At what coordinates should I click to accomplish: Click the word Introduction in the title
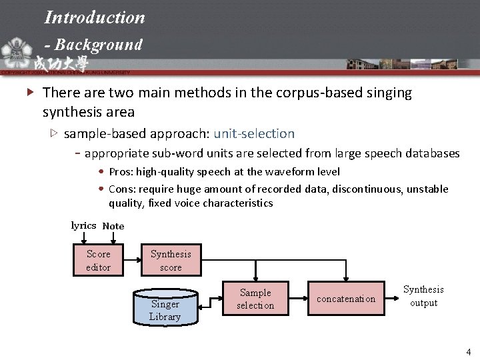click(95, 17)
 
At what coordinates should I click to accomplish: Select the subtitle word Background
click(99, 45)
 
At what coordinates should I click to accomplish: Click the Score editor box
click(99, 260)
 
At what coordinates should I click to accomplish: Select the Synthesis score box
click(171, 260)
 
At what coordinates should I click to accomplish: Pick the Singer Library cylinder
click(165, 308)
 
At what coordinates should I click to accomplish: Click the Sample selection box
click(255, 299)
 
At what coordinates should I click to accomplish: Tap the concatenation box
click(346, 299)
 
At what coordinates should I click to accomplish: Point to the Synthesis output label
click(423, 296)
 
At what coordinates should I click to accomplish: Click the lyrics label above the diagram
click(83, 225)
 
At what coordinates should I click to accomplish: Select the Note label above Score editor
click(113, 226)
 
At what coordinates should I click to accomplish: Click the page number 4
click(469, 351)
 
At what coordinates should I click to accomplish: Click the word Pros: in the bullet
click(121, 172)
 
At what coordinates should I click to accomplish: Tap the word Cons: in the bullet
click(121, 189)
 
